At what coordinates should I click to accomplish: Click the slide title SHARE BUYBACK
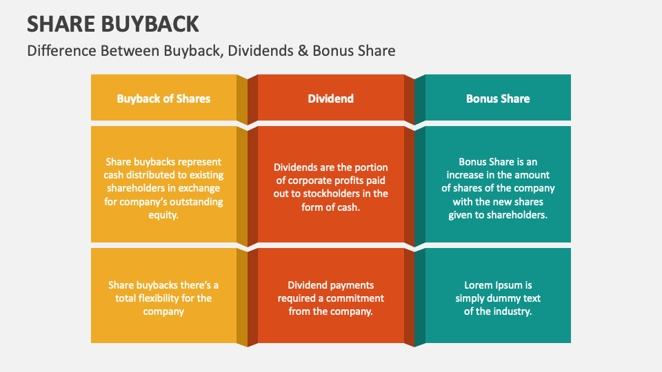[113, 23]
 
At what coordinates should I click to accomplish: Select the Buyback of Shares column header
[163, 99]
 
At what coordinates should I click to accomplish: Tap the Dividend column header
[330, 99]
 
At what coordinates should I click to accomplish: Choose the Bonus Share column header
[497, 99]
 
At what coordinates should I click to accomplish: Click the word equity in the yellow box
[163, 215]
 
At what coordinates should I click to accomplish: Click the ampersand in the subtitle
[303, 51]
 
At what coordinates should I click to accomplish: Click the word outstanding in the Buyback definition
[196, 202]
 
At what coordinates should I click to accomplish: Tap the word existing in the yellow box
[205, 176]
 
